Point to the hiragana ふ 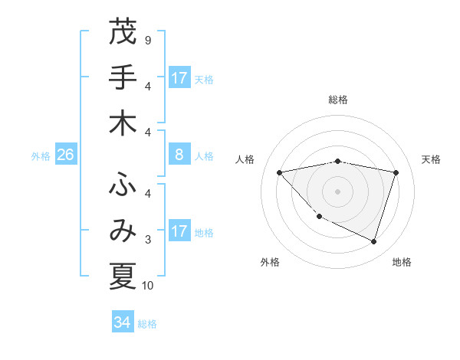tap(123, 185)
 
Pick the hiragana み tap(123, 231)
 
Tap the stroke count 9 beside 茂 tap(147, 40)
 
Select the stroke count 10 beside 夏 tap(149, 286)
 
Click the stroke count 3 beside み tap(147, 240)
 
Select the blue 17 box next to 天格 tap(179, 78)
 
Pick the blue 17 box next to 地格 tap(179, 231)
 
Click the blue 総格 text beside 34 tap(147, 324)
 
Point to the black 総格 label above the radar tap(338, 100)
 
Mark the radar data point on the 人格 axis tap(280, 172)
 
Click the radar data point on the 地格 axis tap(373, 241)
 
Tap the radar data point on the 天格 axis tap(396, 172)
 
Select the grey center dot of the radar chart tap(338, 191)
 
